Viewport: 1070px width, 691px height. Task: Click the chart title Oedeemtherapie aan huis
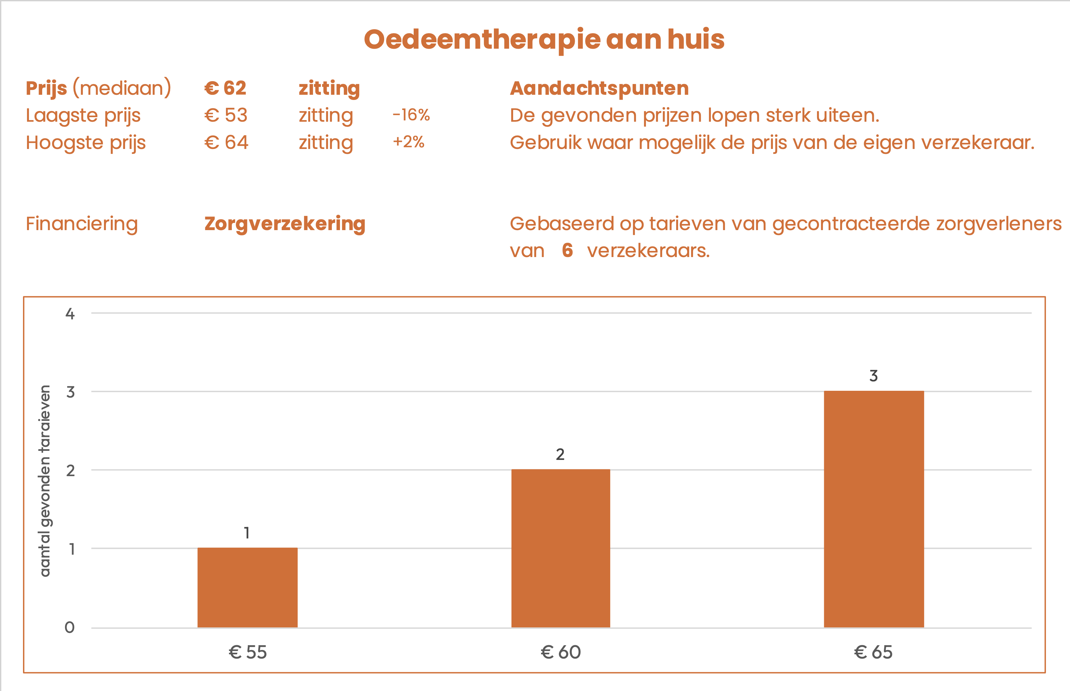coord(544,40)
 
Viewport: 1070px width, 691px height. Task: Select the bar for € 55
coord(247,587)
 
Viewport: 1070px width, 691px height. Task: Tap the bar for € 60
coord(560,548)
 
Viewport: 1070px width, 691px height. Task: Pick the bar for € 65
coord(874,509)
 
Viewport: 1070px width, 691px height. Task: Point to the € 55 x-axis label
coord(247,652)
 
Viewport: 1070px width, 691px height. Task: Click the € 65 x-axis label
coord(874,652)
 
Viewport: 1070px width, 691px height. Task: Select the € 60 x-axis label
coord(560,652)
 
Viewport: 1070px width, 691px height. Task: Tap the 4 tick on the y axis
coord(70,314)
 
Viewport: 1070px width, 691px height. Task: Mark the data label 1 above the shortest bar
coord(247,533)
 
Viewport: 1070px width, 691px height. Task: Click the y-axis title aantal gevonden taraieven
coord(45,481)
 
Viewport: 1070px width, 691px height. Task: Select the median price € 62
coord(225,88)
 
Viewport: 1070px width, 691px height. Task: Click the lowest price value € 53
coord(226,115)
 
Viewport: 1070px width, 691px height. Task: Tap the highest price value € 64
coord(226,143)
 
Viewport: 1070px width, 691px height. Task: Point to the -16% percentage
coord(411,115)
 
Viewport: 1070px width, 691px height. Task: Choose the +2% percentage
coord(409,142)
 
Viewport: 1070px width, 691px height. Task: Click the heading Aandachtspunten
coord(599,88)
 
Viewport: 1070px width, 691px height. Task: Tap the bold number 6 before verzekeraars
coord(567,250)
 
